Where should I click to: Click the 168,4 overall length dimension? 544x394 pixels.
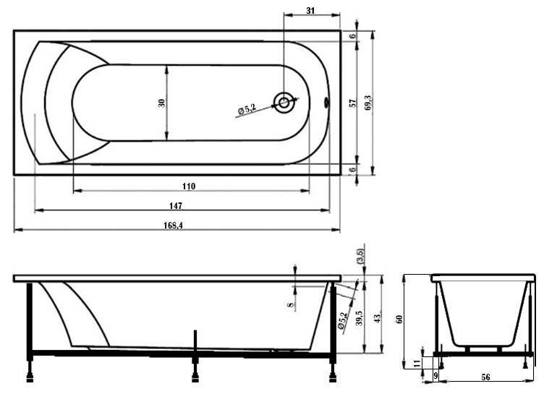pyautogui.click(x=173, y=226)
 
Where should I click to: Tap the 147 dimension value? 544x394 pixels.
pyautogui.click(x=176, y=205)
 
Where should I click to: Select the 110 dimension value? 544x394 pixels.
pyautogui.click(x=189, y=187)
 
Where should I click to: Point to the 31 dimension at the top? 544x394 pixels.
pyautogui.click(x=310, y=11)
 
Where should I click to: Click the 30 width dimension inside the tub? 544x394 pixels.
pyautogui.click(x=161, y=103)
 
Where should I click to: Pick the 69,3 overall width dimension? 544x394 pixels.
pyautogui.click(x=367, y=103)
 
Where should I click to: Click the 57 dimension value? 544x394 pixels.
pyautogui.click(x=353, y=103)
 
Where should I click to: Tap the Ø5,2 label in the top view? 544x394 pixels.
pyautogui.click(x=247, y=110)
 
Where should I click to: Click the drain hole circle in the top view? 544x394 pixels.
pyautogui.click(x=284, y=103)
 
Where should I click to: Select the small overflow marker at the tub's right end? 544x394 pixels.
pyautogui.click(x=326, y=102)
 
